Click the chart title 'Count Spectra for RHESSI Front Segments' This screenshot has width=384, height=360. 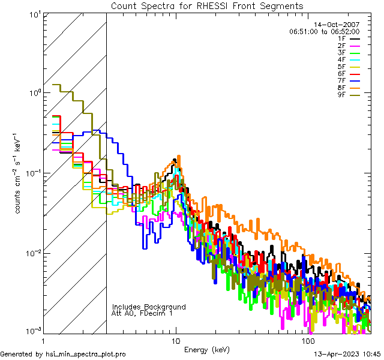(x=207, y=6)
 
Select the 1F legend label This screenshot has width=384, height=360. (x=342, y=38)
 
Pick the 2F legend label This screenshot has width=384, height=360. (x=342, y=46)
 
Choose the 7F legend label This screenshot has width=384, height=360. (x=342, y=81)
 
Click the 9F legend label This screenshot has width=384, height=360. (x=342, y=95)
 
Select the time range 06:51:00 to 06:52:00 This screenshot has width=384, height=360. (x=324, y=31)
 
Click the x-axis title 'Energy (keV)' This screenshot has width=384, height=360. (x=207, y=349)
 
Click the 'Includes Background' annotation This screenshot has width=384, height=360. (x=149, y=307)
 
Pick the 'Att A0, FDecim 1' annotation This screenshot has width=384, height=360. (x=142, y=313)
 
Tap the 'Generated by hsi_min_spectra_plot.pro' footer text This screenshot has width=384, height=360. (x=64, y=355)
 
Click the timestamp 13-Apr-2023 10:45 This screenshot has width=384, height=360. (x=347, y=355)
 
